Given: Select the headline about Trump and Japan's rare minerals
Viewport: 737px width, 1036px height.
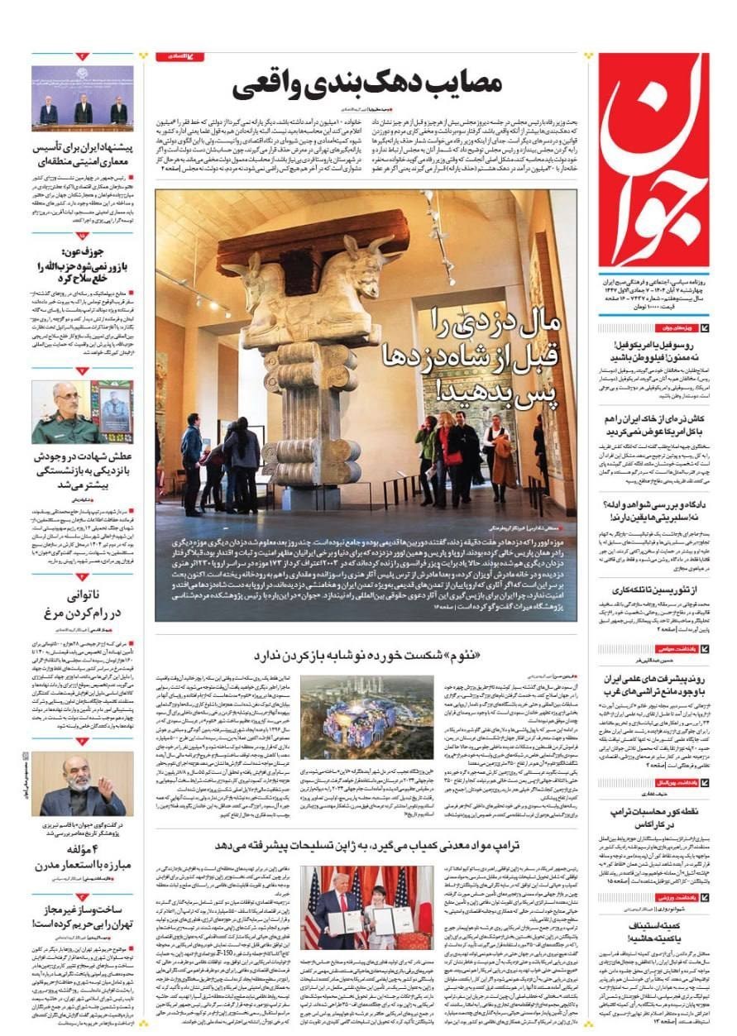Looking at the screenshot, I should click(x=366, y=845).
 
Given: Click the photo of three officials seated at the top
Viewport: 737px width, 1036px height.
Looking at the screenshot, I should click(x=83, y=98).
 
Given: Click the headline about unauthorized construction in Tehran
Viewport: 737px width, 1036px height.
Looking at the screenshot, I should click(x=84, y=918).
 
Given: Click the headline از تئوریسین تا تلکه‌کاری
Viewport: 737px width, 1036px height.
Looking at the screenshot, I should click(x=655, y=590).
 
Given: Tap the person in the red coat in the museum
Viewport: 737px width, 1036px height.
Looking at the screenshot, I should click(x=452, y=455).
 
